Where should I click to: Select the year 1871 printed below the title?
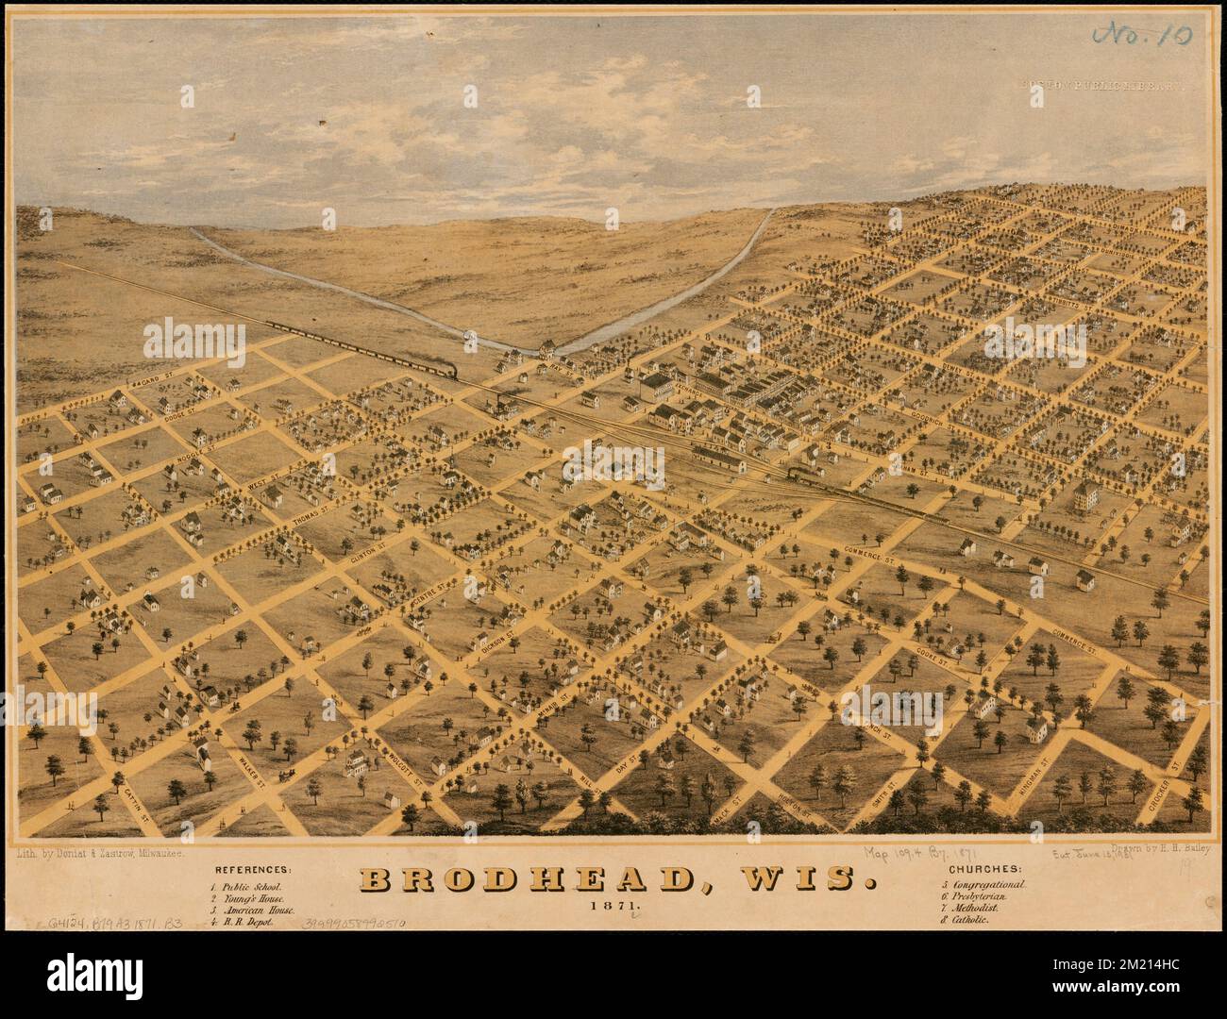614,907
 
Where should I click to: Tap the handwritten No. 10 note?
1140,35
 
